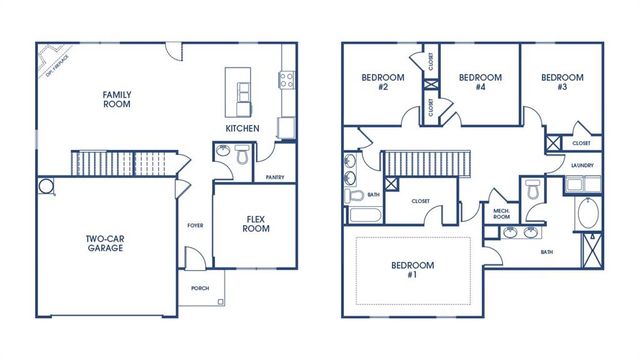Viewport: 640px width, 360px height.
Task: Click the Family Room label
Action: pyautogui.click(x=117, y=100)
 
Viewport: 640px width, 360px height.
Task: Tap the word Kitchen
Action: pyautogui.click(x=242, y=129)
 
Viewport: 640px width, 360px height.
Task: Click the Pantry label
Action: pyautogui.click(x=276, y=177)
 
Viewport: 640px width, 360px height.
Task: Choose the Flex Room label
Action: pyautogui.click(x=256, y=222)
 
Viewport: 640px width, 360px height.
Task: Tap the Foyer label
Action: pyautogui.click(x=196, y=225)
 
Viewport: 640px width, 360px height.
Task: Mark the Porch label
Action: pyautogui.click(x=201, y=287)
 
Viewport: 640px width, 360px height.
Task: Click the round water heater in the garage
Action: pyautogui.click(x=46, y=187)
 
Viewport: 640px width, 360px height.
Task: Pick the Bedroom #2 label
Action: pyautogui.click(x=379, y=82)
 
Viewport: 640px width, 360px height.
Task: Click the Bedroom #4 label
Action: pyautogui.click(x=479, y=82)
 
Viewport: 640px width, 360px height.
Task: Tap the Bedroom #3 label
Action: pyautogui.click(x=561, y=82)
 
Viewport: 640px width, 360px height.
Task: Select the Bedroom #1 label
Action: pyautogui.click(x=414, y=271)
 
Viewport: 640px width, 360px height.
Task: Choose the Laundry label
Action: pyautogui.click(x=582, y=165)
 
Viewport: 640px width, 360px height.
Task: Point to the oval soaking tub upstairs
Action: pyautogui.click(x=585, y=214)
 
